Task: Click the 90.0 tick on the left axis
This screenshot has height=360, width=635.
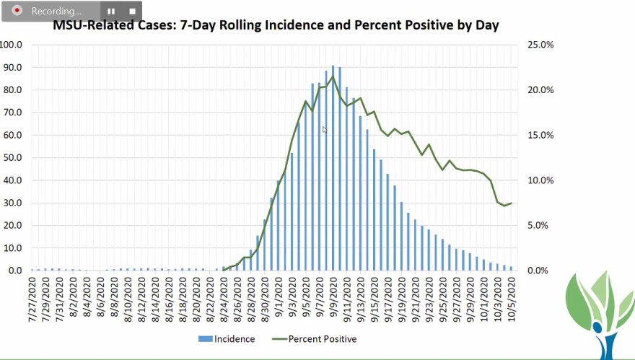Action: tap(12, 67)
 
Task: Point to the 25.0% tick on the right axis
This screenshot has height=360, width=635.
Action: tap(540, 45)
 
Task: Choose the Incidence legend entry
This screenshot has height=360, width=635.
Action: tap(225, 338)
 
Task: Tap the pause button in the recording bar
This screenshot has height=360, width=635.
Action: tap(111, 12)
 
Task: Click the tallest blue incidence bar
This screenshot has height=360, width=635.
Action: tap(333, 167)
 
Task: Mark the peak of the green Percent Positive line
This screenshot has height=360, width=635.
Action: tap(333, 76)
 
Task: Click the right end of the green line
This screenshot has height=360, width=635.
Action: tap(511, 203)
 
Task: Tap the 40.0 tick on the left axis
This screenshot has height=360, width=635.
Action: tap(12, 180)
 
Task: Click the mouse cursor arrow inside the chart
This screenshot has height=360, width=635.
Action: tap(325, 130)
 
